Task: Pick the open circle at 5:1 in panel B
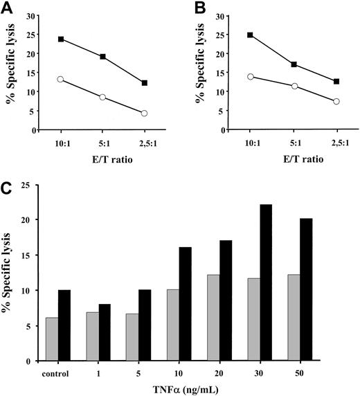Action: click(x=296, y=86)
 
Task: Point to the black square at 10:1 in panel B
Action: click(x=249, y=35)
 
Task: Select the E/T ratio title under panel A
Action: click(x=102, y=162)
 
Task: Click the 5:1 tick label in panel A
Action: click(x=102, y=145)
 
